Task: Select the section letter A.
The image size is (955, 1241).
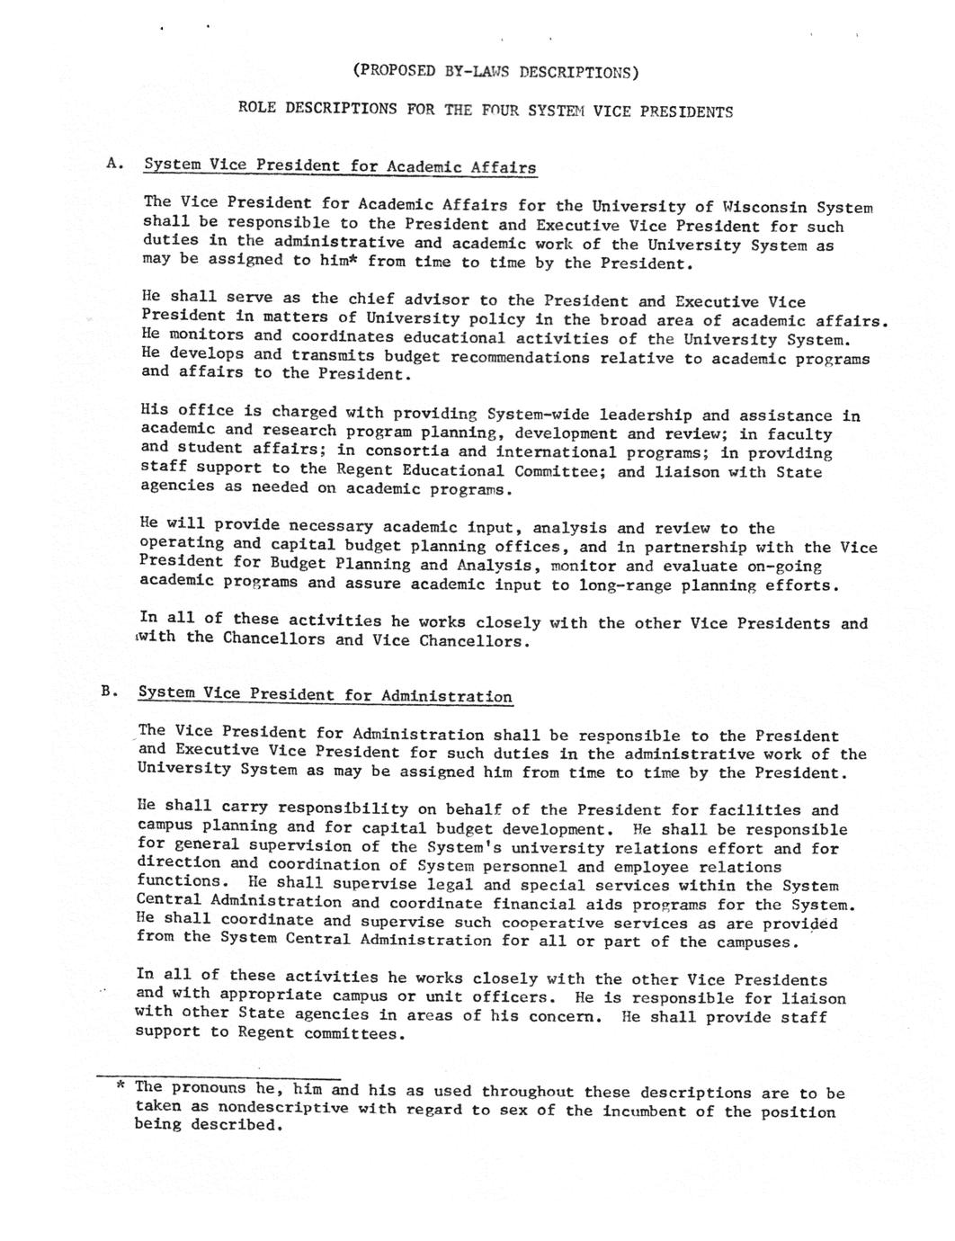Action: (112, 163)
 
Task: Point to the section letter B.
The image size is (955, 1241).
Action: (109, 691)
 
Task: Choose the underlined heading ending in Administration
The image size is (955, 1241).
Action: (325, 695)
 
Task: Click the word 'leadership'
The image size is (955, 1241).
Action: (646, 415)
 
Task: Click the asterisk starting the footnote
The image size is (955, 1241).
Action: (120, 1085)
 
